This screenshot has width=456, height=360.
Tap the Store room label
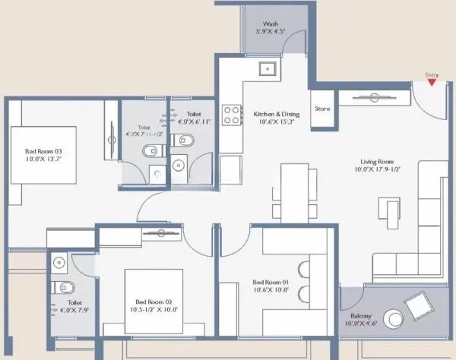[323, 109]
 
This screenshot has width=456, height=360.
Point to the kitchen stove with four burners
[230, 115]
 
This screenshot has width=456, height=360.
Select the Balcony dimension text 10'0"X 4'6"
[360, 324]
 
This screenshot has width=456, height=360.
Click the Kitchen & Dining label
[277, 115]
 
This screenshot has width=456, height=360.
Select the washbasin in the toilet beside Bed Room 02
[59, 263]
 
